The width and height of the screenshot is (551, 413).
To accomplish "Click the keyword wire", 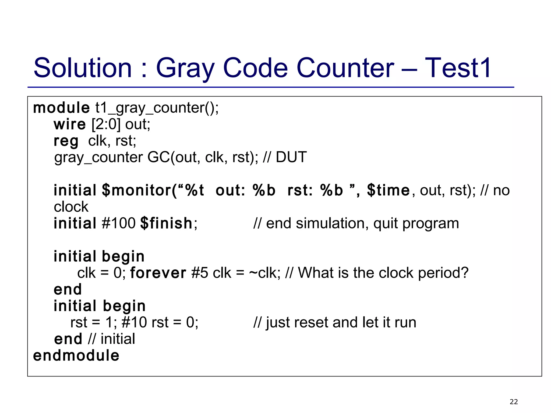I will point(70,124).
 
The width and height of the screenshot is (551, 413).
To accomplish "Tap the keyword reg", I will point(66,141).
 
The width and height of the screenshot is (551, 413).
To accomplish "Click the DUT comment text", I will point(291,157).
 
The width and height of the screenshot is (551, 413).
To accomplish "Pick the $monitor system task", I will point(137,190).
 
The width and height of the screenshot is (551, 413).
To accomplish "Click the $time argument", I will point(388,190).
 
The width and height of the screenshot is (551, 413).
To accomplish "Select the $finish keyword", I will point(166,223).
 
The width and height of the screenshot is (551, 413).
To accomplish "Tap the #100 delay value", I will point(119,223).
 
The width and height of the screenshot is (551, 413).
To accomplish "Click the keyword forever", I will point(158,273).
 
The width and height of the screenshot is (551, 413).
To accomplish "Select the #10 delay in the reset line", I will point(134,322).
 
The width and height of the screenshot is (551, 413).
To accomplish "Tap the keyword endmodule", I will point(76,355).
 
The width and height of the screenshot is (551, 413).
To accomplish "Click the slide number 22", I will point(514,402).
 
